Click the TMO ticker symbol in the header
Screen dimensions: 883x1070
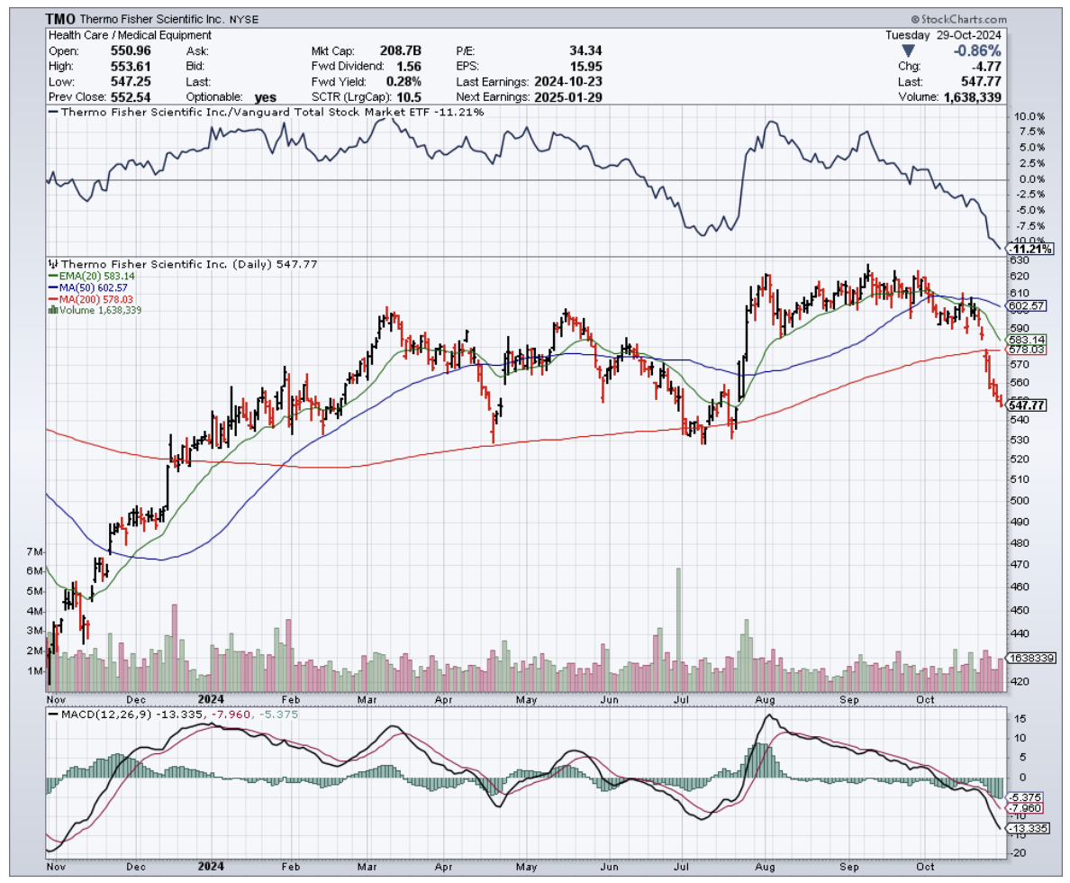click(x=61, y=18)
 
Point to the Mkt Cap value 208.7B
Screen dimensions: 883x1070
click(x=403, y=50)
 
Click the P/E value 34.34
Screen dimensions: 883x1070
click(x=585, y=50)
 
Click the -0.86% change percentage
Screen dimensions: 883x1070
click(x=978, y=50)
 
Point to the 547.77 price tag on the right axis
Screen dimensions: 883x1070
click(x=1027, y=406)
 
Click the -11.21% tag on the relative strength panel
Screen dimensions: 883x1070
click(x=1029, y=249)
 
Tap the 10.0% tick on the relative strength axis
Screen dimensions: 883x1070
click(x=1029, y=116)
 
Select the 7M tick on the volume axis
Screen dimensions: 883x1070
click(x=35, y=551)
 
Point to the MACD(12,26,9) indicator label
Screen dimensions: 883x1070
click(x=99, y=715)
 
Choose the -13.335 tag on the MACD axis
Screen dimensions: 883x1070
click(x=1028, y=828)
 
